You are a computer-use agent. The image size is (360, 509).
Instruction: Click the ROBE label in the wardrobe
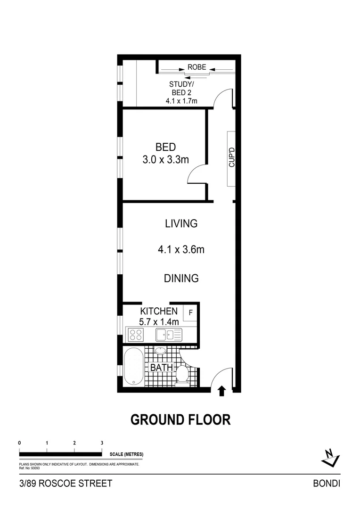[196, 67]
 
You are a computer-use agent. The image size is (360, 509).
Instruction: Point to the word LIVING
[181, 223]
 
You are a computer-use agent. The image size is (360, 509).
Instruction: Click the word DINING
[181, 278]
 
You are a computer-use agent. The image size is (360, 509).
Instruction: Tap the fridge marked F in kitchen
[191, 312]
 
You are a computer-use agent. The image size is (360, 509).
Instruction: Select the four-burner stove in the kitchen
[136, 335]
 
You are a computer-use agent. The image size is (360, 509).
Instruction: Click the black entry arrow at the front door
[221, 390]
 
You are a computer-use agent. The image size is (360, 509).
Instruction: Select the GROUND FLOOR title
[180, 419]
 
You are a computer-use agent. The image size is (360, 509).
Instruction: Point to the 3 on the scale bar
[102, 443]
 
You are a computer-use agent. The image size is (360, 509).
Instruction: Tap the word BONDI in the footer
[327, 483]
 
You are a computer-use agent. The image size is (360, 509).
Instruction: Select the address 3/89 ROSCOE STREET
[65, 483]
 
